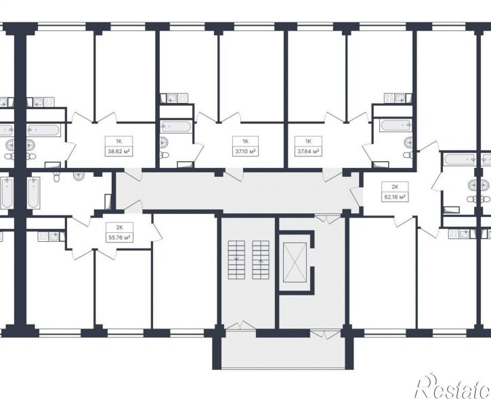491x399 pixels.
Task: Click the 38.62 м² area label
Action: (119, 152)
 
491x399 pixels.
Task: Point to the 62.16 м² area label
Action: (395, 197)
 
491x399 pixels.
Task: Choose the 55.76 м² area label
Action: (119, 238)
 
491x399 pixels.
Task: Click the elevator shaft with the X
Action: (295, 262)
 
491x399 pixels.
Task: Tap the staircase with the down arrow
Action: (236, 260)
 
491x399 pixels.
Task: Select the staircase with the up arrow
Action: (261, 260)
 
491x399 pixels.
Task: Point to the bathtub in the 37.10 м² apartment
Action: (175, 127)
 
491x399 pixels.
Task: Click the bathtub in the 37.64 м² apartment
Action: (396, 125)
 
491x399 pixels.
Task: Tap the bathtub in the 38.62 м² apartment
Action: (43, 130)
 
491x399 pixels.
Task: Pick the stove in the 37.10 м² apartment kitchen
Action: (183, 98)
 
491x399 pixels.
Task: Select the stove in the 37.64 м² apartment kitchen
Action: (389, 98)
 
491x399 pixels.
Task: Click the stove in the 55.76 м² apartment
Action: (43, 236)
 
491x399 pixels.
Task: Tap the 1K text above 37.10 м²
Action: (245, 142)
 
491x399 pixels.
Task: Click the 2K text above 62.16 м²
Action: (395, 187)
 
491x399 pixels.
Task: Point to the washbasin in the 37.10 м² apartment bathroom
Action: (164, 143)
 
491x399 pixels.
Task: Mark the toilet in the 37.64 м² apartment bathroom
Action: (408, 154)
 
